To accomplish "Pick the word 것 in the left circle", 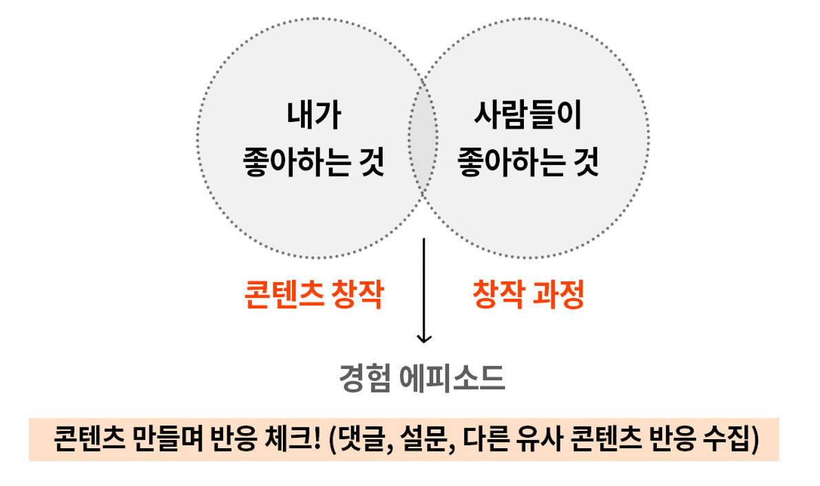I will point(371,166).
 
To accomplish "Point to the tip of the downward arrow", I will point(424,341).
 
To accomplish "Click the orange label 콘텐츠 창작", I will point(313,296).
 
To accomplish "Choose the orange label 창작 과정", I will point(528,296).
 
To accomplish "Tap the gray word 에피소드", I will point(452,378).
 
